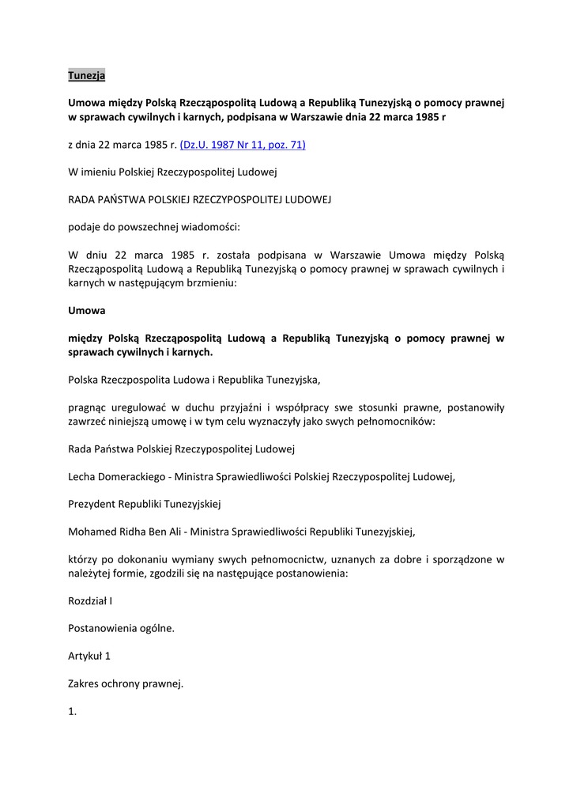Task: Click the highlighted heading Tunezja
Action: coord(86,76)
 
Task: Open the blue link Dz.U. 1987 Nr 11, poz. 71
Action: coord(243,145)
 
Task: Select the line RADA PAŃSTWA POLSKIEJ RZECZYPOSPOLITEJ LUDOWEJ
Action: coord(200,199)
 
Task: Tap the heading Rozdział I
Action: coord(90,600)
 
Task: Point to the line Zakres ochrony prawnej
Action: coord(126,683)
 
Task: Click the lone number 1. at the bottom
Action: coord(73,711)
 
